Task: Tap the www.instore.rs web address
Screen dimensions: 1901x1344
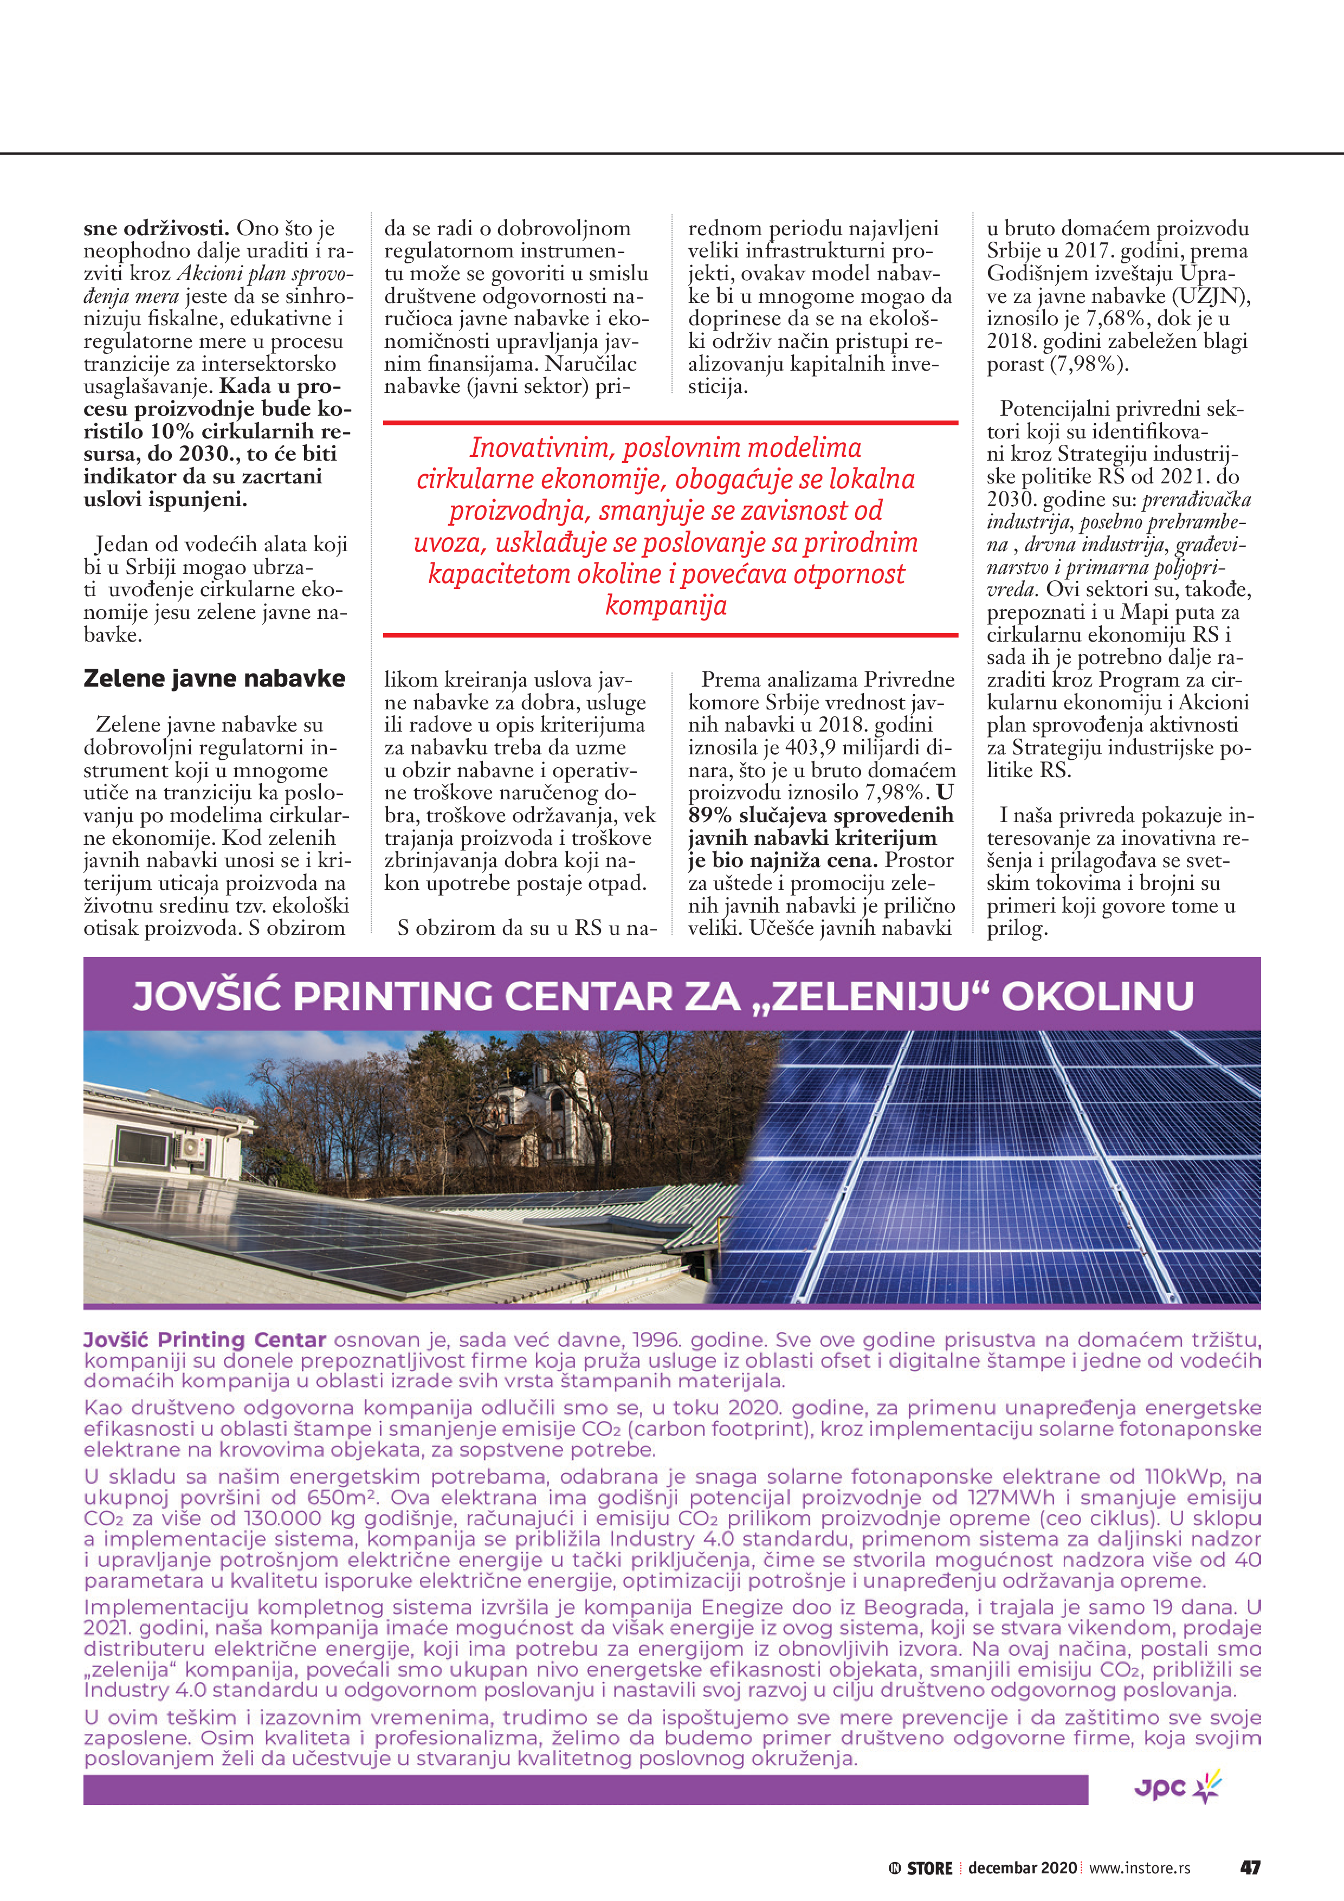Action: pos(1140,1868)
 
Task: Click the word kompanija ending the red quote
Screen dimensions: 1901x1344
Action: pos(666,605)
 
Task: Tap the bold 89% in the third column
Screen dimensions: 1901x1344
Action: pos(710,816)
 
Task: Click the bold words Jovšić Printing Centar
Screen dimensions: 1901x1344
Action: pos(204,1340)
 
